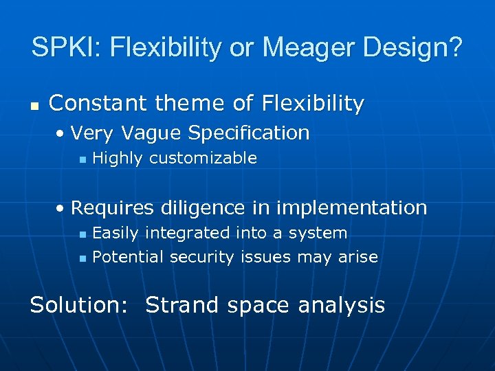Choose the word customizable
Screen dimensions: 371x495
tap(203, 159)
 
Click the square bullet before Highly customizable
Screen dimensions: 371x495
tap(82, 159)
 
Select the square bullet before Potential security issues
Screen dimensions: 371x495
tap(82, 258)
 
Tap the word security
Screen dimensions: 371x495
tap(203, 258)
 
